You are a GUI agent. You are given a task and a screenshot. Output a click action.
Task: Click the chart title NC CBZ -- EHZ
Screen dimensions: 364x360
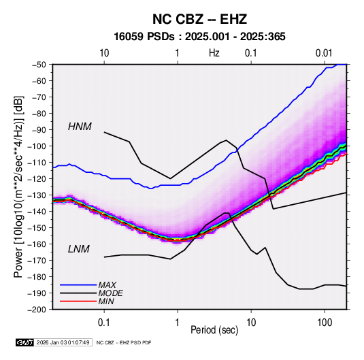pyautogui.click(x=199, y=19)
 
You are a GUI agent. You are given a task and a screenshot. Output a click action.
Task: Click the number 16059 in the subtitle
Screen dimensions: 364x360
pyautogui.click(x=129, y=37)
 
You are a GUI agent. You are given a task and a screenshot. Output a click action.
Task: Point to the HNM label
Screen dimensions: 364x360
pyautogui.click(x=80, y=127)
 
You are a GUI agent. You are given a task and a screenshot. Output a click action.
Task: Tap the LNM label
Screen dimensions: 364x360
pyautogui.click(x=79, y=249)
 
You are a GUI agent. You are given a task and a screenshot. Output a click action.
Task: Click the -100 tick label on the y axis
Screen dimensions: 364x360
pyautogui.click(x=38, y=146)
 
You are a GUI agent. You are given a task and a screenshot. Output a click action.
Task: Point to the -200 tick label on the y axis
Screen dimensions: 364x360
pyautogui.click(x=38, y=310)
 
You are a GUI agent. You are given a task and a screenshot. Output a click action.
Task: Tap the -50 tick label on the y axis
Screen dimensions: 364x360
pyautogui.click(x=40, y=65)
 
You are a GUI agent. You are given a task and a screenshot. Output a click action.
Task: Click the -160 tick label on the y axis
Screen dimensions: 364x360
pyautogui.click(x=38, y=244)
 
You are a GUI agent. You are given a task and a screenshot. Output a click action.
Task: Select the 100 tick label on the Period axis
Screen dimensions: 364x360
pyautogui.click(x=325, y=323)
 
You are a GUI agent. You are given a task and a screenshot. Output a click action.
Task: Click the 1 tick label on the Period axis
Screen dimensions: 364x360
pyautogui.click(x=178, y=323)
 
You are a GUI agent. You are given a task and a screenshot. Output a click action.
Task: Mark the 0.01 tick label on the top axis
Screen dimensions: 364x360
pyautogui.click(x=324, y=53)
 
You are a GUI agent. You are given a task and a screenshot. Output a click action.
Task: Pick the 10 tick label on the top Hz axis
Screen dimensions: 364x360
pyautogui.click(x=104, y=53)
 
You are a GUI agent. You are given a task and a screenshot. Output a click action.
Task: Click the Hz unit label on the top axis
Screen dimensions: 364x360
pyautogui.click(x=214, y=53)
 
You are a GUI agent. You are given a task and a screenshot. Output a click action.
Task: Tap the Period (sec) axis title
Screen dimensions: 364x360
pyautogui.click(x=214, y=330)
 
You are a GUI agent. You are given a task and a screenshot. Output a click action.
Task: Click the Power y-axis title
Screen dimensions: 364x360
pyautogui.click(x=18, y=186)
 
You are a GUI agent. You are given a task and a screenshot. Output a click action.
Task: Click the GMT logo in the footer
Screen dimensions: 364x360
pyautogui.click(x=24, y=342)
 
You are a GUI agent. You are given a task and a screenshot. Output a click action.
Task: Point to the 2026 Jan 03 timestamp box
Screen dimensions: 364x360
pyautogui.click(x=63, y=342)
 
